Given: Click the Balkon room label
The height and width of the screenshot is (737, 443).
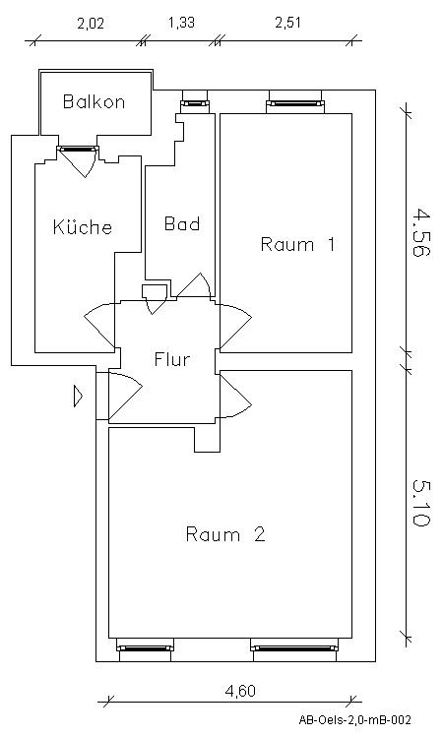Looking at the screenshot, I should click(94, 101).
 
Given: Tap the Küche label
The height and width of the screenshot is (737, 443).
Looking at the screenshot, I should click(82, 227).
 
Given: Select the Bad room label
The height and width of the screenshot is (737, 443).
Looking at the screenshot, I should click(182, 224).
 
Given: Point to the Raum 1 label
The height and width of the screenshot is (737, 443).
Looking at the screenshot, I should click(297, 245).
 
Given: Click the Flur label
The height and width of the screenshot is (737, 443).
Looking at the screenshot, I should click(171, 359).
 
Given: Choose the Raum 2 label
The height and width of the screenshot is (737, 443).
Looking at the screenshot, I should click(226, 535).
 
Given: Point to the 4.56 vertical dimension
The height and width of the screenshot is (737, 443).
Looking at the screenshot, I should click(420, 232).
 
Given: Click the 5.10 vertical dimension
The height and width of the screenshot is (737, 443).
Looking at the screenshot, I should click(420, 503).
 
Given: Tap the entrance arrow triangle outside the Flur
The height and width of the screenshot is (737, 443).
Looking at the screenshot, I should click(78, 396).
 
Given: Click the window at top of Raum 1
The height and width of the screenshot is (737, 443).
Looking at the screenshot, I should click(294, 100).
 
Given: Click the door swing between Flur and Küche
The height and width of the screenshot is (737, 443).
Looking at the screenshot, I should click(101, 324).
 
